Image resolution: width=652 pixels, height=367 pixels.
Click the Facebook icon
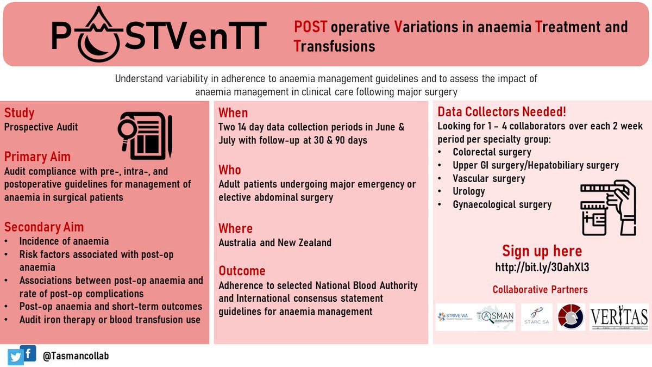click(x=27, y=352)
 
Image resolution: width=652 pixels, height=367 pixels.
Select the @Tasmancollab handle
click(x=76, y=356)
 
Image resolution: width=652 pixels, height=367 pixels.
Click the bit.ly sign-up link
click(x=542, y=268)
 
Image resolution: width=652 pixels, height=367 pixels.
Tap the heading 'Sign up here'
click(x=542, y=251)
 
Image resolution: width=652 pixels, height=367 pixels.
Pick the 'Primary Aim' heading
click(x=37, y=157)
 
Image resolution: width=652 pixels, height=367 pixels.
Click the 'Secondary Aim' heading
click(x=44, y=227)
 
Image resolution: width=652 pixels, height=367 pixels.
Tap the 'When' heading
click(x=233, y=113)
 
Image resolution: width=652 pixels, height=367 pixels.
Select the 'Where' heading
click(x=235, y=228)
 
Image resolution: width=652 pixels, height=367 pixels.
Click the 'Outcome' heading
click(x=242, y=271)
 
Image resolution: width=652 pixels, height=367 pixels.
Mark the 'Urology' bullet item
click(x=469, y=191)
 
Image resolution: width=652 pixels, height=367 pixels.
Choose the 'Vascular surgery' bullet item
click(x=489, y=178)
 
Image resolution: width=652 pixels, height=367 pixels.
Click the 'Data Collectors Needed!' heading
click(x=501, y=113)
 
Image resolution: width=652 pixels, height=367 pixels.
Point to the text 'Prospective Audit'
click(x=41, y=127)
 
